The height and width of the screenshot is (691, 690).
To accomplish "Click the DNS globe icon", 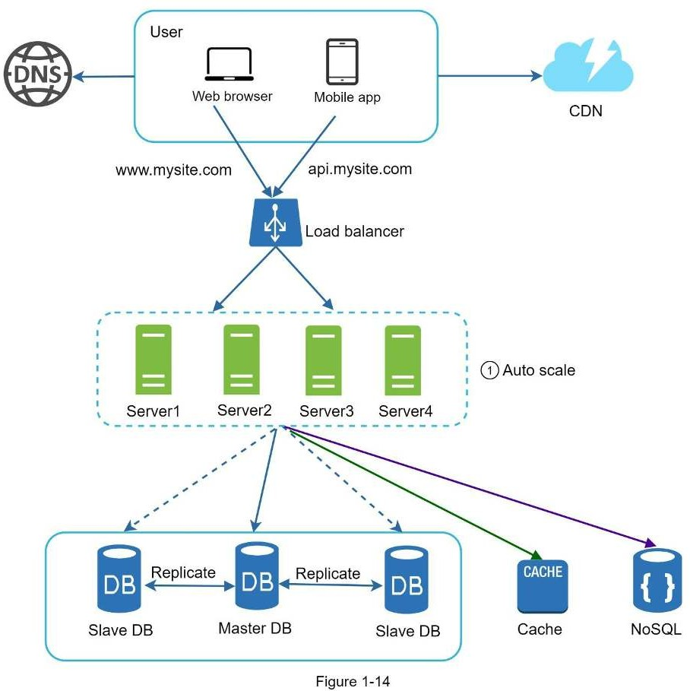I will [x=36, y=74].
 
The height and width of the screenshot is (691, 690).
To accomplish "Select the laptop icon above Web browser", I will [x=229, y=65].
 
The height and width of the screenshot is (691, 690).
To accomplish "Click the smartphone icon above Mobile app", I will [x=342, y=62].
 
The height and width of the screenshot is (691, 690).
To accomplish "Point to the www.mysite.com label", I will [x=173, y=170].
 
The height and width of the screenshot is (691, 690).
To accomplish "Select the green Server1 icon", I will [x=153, y=360].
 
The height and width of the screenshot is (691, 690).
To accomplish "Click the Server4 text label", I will [x=405, y=411].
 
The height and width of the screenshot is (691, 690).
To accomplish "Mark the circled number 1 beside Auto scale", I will [x=490, y=371].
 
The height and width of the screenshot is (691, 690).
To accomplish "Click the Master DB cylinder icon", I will [x=255, y=575].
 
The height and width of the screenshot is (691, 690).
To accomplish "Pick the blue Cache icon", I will [x=542, y=585].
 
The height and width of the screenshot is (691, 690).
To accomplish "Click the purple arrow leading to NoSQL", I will [x=471, y=487].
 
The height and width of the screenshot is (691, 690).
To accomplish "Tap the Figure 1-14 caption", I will [x=353, y=682].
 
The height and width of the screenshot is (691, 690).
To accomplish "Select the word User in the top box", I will [x=166, y=32].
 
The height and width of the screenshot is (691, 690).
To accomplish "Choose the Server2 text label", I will [x=244, y=410].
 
